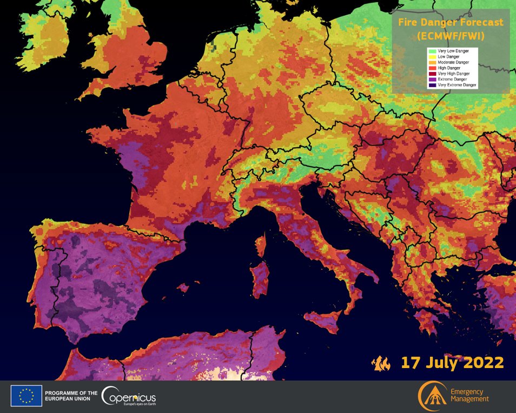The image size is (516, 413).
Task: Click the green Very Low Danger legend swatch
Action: pos(432,51)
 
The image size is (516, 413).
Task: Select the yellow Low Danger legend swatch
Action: pos(432,56)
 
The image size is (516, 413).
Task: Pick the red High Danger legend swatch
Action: pos(432,68)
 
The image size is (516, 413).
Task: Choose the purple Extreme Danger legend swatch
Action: pos(432,80)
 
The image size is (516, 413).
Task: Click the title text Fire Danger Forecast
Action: pos(451,23)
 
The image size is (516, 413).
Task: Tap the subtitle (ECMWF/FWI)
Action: pos(451,36)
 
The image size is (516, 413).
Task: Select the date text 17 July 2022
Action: pos(452,362)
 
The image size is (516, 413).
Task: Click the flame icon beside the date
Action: pos(381,363)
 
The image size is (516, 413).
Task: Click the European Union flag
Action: pos(26,396)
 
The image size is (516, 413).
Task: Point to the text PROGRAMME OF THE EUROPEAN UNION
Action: pos(71,396)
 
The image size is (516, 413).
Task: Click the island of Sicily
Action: pos(324,319)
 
